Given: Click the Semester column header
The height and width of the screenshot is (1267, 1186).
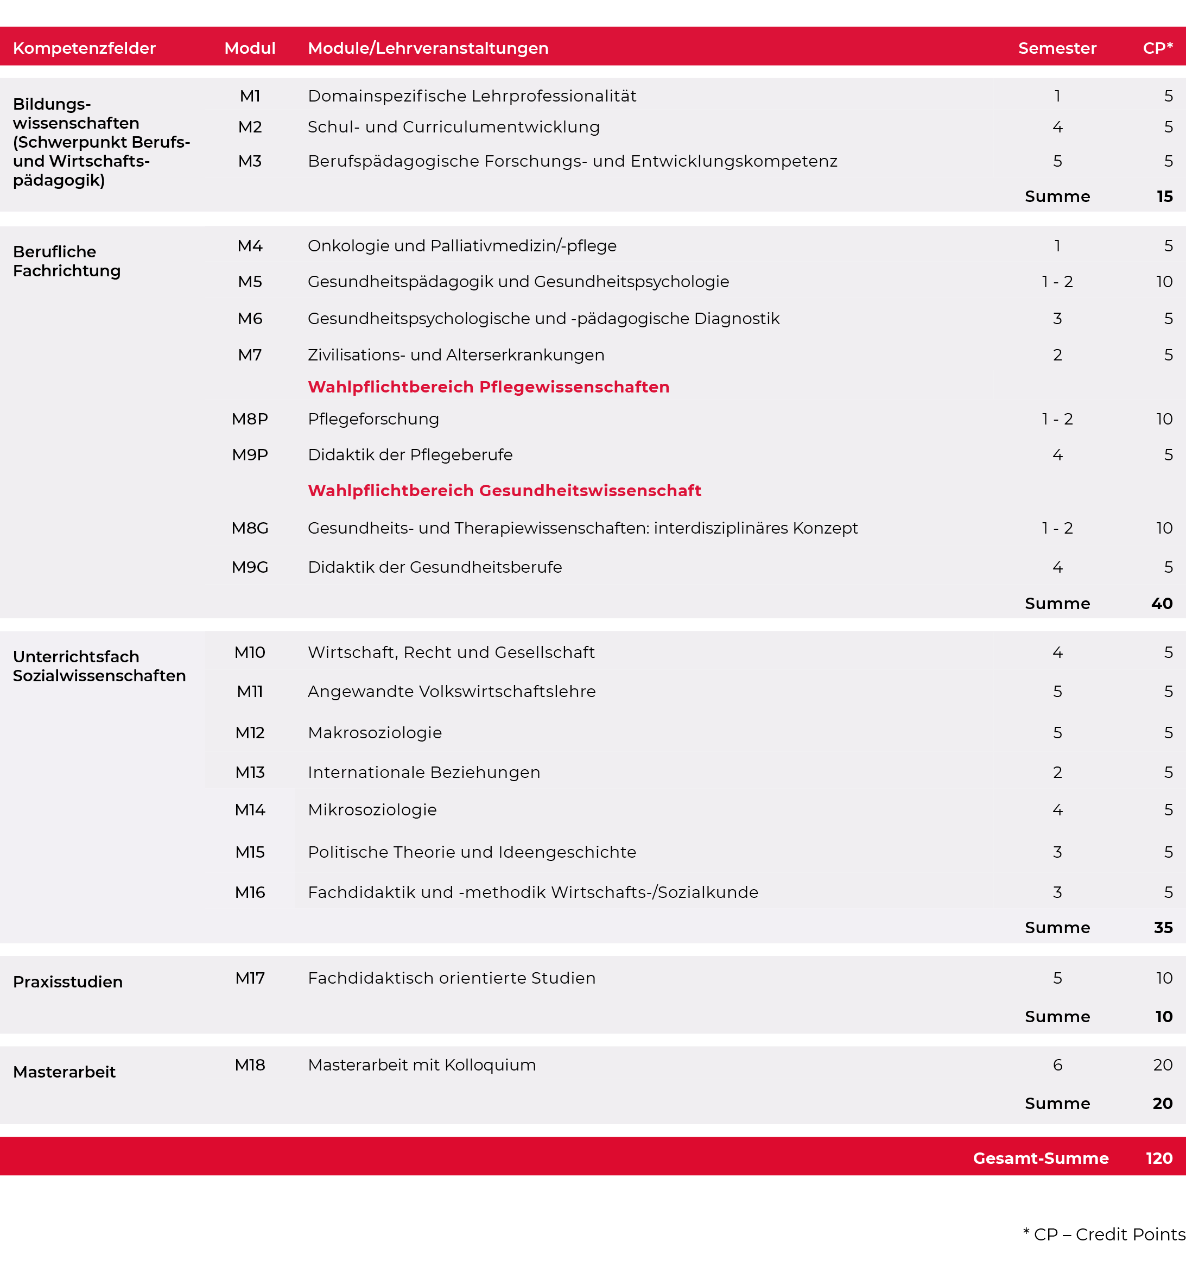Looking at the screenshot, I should coord(1057,48).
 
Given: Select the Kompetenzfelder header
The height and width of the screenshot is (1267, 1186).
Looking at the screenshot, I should coord(84,48).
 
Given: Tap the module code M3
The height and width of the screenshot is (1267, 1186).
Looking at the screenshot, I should coord(250,161).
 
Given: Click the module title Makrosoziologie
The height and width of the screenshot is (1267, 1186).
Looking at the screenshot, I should coord(375,733).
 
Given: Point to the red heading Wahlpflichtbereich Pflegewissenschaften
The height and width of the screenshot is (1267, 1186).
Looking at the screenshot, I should coord(488,387).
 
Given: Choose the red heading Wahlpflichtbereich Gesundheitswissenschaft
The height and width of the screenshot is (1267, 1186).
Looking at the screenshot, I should coord(504,491).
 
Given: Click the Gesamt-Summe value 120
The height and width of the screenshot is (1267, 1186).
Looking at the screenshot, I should coord(1159,1158).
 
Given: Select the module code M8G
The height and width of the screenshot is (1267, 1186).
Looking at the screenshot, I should coord(250,528).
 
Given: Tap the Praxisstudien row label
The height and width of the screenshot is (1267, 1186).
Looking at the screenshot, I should coord(67,981).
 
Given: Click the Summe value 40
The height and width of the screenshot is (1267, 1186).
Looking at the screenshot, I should coord(1162,604).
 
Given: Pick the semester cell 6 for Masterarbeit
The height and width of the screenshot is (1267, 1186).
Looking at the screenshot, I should coord(1057,1065).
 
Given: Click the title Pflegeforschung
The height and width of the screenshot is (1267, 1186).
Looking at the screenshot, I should coord(373,420).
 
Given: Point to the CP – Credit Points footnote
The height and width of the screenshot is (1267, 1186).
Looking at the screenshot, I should coord(1104,1234).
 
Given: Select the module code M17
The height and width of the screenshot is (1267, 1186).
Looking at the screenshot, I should coord(250,978).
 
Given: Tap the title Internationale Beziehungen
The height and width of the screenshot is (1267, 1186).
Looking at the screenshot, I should coord(424,772).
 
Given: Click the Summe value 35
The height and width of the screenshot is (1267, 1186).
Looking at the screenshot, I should coord(1163,928).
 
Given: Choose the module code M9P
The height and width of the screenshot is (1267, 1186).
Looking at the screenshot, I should coord(250,455).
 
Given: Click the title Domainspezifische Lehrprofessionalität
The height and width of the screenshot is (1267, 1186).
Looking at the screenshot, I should coord(472,96).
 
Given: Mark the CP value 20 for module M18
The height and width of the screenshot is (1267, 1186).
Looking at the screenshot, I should coord(1163,1065).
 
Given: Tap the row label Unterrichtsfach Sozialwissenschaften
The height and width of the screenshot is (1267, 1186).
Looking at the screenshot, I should coord(99,666).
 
